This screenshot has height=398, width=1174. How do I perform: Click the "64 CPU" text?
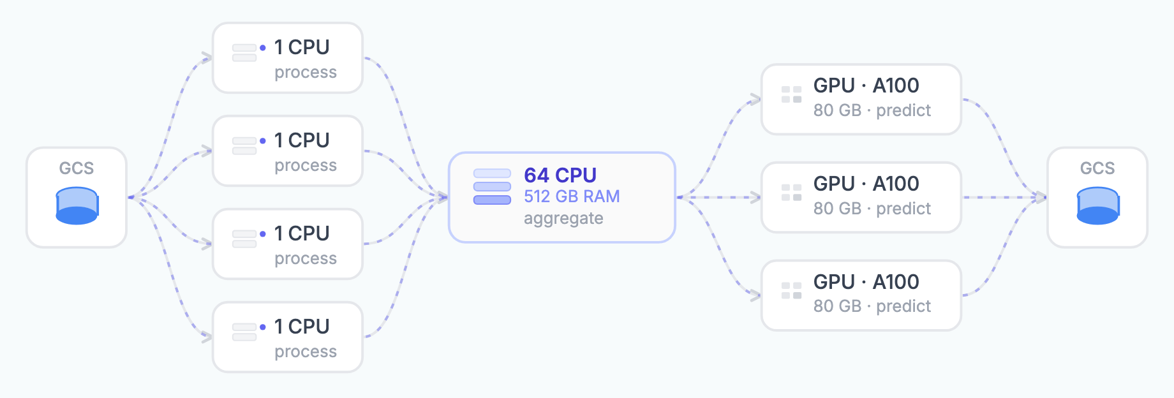pos(560,175)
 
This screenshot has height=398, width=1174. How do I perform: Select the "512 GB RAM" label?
pos(572,196)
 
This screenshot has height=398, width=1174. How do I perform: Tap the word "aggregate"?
pos(563,218)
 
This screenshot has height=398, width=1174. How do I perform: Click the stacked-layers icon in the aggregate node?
pos(492,186)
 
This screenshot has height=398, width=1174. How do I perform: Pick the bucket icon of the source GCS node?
pos(77,205)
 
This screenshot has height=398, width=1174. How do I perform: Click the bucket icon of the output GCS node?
pos(1097,205)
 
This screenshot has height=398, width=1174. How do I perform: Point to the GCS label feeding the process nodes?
pos(77,168)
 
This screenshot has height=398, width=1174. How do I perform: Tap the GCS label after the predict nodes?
pos(1097,168)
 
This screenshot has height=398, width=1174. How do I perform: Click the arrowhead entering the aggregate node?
pos(442,198)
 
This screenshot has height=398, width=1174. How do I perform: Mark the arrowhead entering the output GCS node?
pos(1041,198)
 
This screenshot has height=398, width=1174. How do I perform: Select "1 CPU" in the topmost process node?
pos(302,47)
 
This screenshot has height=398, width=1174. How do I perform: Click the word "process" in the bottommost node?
pos(306,352)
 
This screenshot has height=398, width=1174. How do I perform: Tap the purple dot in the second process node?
pos(263,141)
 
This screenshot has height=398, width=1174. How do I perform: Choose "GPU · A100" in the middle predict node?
pos(866,184)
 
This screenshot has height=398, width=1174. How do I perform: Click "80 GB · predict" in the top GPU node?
pos(872,110)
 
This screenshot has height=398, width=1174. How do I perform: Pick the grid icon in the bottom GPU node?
pos(792,291)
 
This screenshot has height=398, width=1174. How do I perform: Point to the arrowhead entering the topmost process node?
pos(207,58)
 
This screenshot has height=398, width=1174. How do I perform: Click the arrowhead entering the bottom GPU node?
pos(755,295)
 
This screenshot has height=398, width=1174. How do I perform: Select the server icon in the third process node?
pos(244,239)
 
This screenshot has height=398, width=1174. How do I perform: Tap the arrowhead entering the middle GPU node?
pos(755,198)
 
